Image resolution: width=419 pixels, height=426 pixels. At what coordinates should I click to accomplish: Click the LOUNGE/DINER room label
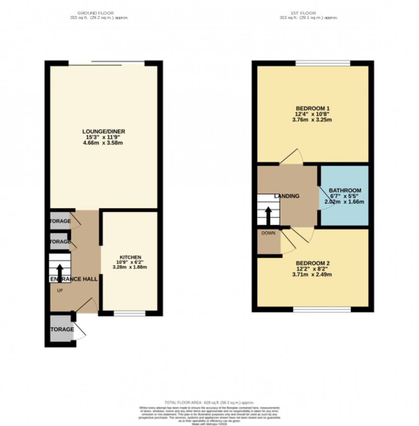click(x=104, y=131)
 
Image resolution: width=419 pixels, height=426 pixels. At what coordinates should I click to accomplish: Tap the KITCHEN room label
click(x=129, y=257)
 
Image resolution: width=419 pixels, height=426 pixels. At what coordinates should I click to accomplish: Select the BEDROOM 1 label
click(x=313, y=108)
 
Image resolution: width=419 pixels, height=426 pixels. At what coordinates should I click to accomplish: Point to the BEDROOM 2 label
click(x=313, y=263)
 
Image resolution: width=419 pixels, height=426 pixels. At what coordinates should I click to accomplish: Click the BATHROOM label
click(x=345, y=190)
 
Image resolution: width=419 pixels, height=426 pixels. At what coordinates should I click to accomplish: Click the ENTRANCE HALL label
click(x=74, y=279)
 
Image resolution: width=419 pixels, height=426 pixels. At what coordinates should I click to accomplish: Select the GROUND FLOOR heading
click(x=96, y=13)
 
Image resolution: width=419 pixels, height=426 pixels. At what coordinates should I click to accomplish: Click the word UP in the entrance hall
click(x=59, y=290)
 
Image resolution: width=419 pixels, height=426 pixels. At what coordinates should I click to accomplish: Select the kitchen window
click(x=129, y=314)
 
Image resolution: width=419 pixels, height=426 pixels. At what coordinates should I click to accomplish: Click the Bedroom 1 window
click(x=323, y=63)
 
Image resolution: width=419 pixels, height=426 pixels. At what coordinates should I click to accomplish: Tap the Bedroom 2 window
click(x=322, y=310)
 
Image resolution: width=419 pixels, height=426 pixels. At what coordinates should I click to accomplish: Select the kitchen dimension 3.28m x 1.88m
click(x=129, y=267)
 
